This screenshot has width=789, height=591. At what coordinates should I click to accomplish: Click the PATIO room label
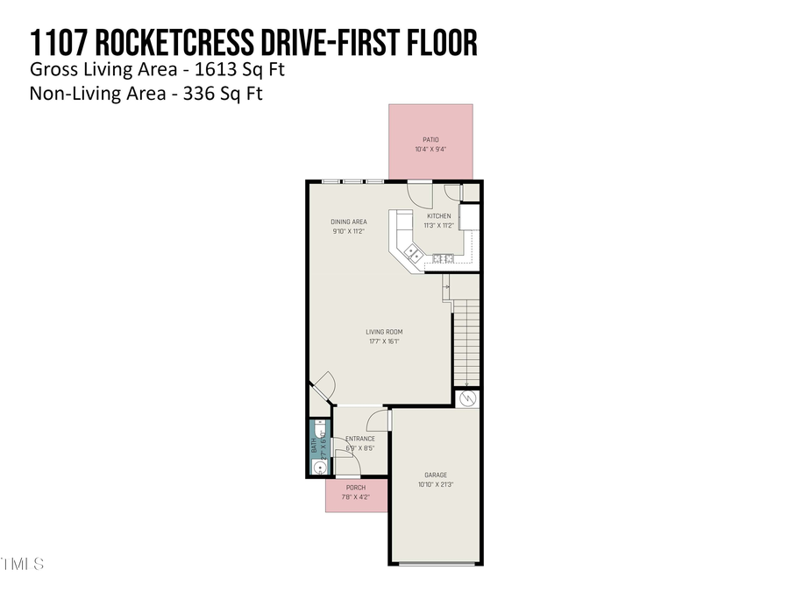[x=430, y=140]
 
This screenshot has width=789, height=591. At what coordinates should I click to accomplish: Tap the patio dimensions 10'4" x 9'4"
[x=430, y=150]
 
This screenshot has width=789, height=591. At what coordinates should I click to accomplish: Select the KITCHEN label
[x=438, y=215]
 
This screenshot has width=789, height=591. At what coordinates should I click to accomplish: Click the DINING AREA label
[x=348, y=222]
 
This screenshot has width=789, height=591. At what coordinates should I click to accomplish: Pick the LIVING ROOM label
[x=384, y=332]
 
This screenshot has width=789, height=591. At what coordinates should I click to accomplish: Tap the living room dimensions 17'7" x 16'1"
[x=384, y=342]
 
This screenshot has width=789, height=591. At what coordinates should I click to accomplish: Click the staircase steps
[x=466, y=341]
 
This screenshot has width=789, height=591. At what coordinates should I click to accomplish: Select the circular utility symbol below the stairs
[x=467, y=398]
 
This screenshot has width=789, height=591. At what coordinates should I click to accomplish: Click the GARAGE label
[x=436, y=475]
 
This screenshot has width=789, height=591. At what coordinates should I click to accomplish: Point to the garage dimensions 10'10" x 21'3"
[x=436, y=485]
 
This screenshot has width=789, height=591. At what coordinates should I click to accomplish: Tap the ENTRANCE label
[x=359, y=439]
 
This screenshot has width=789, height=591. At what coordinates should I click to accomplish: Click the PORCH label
[x=355, y=488]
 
